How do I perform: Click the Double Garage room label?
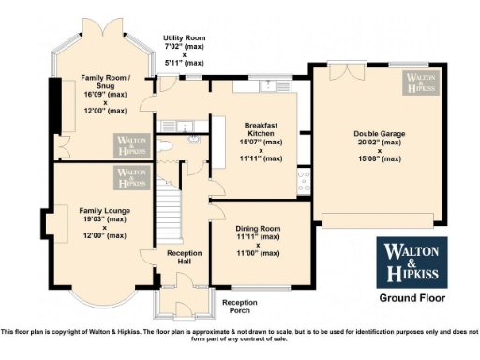pos(379,134)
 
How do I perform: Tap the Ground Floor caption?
pos(412,298)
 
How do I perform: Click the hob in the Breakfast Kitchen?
pos(304,180)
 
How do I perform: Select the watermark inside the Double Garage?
pos(421,82)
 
